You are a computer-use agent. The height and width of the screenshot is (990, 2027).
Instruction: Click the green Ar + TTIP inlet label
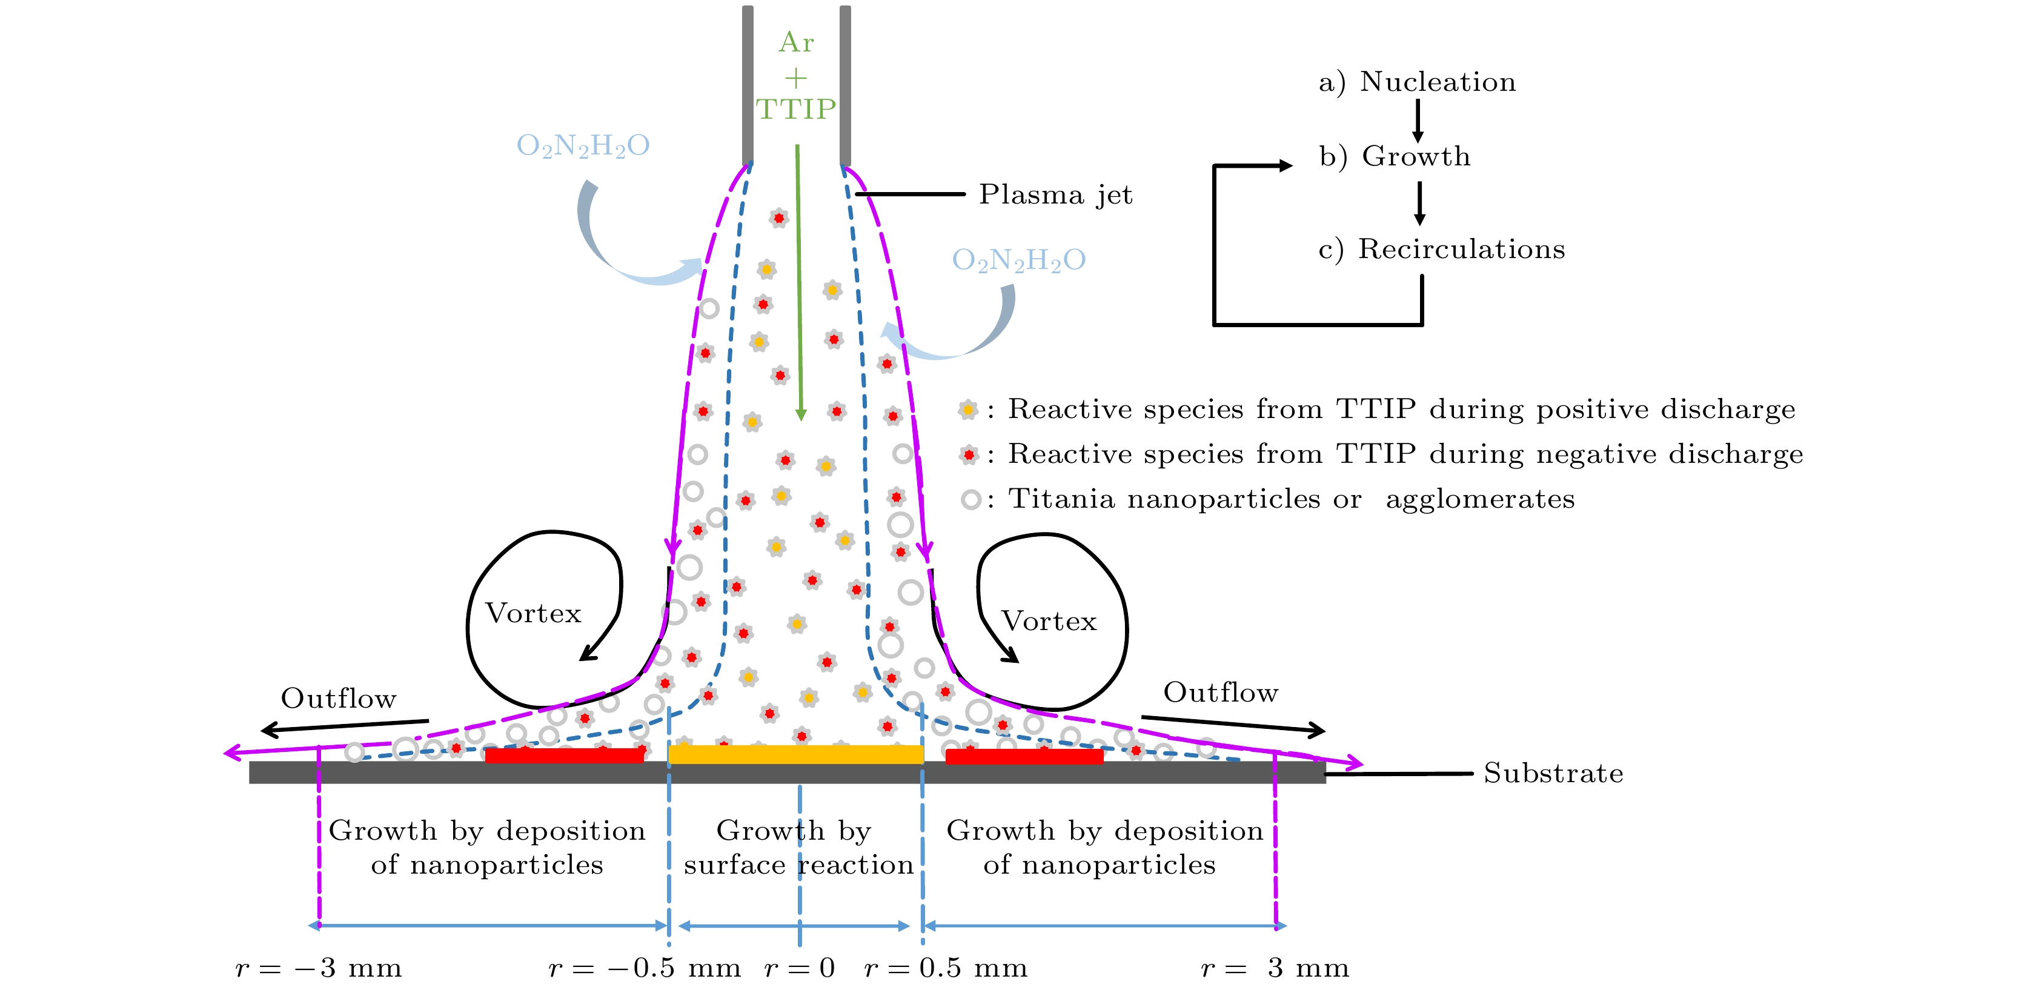(795, 76)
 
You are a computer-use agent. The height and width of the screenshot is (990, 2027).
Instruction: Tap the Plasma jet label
(1055, 194)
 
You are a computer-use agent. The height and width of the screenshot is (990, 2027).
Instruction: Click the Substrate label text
(1553, 774)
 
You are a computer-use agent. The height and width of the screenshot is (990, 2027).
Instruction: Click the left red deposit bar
(564, 756)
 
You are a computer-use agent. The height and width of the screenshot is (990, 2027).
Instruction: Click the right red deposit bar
(1024, 756)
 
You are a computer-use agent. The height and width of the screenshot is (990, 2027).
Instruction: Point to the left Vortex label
(534, 613)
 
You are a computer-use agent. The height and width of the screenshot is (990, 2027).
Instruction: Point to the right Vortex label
(1049, 621)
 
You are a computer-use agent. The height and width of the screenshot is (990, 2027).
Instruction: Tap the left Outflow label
(339, 698)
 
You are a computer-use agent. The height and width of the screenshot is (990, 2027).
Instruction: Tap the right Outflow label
(1221, 693)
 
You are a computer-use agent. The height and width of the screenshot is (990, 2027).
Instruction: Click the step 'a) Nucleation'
(1417, 82)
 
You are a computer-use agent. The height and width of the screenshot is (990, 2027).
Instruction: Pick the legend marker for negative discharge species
(969, 455)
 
